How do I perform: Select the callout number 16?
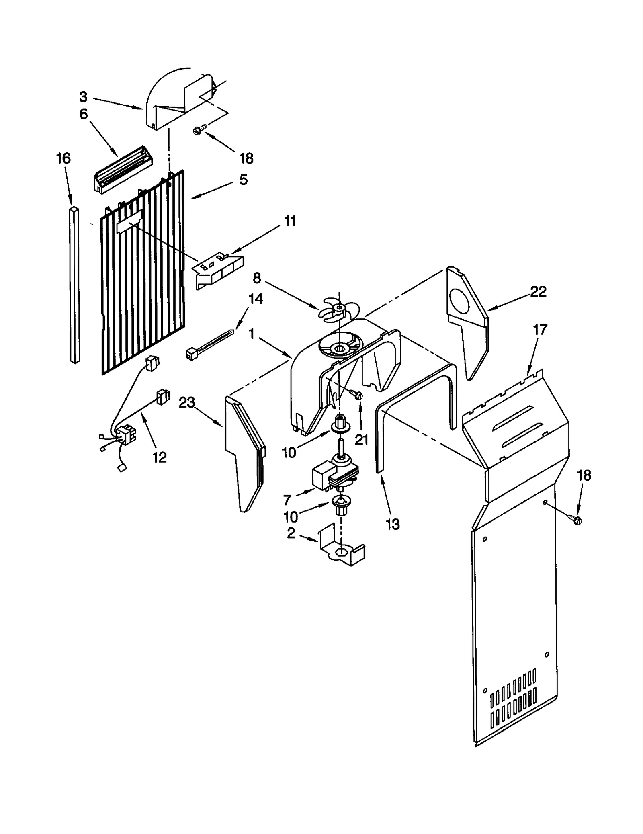63,158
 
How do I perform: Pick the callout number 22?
538,291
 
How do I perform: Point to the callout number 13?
393,524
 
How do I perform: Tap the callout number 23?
187,402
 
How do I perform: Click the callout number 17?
540,330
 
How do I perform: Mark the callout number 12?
160,457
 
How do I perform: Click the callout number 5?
243,180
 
